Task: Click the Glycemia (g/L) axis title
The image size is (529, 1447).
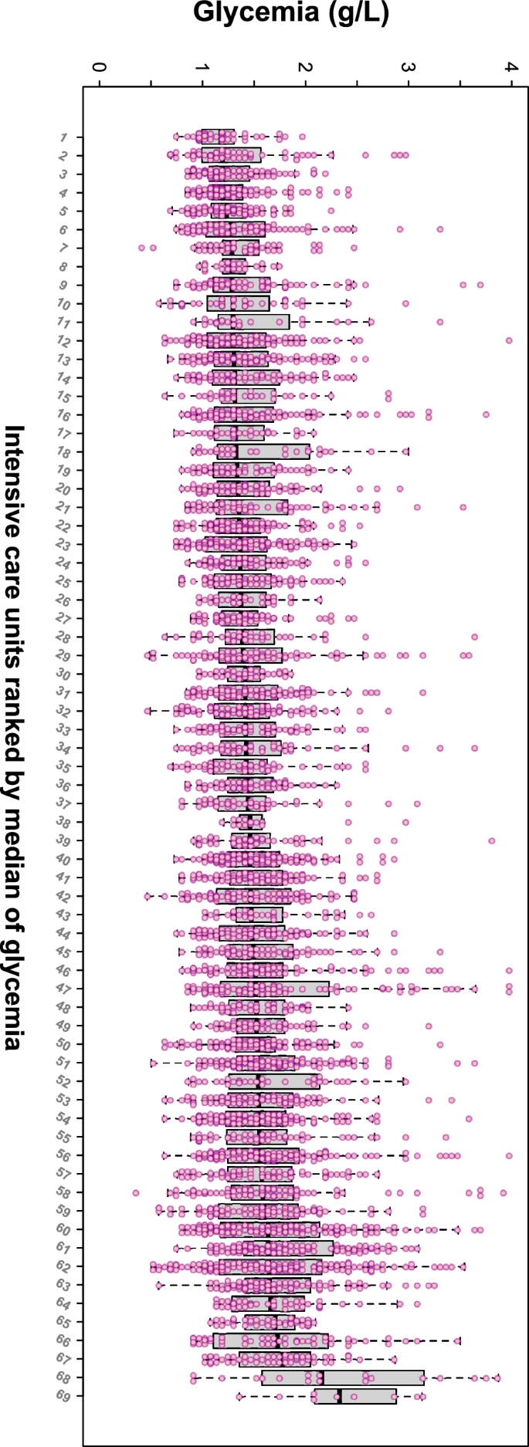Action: [291, 13]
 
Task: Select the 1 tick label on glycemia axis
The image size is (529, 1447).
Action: [202, 68]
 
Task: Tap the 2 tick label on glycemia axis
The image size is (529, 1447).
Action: [306, 68]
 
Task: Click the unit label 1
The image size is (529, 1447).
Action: [63, 137]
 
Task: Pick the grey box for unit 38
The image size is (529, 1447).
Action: [251, 822]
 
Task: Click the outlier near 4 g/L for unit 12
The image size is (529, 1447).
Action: [509, 340]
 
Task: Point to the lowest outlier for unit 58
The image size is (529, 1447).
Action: [136, 1192]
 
